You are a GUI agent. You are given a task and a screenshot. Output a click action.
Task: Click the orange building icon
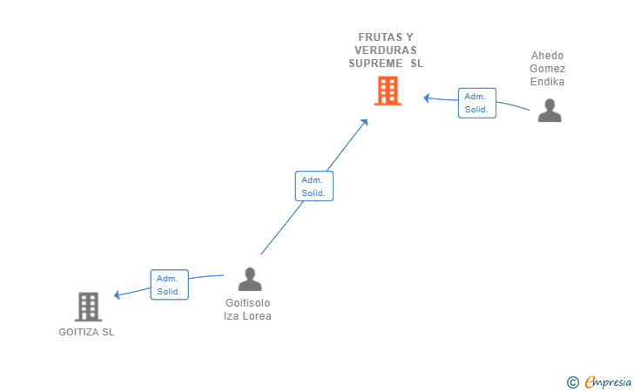388,91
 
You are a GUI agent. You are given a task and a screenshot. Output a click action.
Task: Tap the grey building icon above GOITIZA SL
88,307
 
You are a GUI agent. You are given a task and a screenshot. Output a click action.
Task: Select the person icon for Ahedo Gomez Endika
550,110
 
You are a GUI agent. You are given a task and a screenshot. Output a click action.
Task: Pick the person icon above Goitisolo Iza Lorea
250,279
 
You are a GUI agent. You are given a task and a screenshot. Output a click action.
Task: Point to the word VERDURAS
386,51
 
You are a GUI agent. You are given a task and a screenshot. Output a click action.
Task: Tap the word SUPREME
375,64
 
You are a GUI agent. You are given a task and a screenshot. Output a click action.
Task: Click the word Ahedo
547,56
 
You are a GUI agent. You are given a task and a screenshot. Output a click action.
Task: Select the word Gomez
548,68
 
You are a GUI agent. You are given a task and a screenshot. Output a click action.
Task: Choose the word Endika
548,82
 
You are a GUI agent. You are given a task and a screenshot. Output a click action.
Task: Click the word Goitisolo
248,303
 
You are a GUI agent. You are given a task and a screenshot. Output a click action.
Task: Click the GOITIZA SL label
86,332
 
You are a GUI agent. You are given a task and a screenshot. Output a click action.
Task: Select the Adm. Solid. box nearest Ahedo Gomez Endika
477,103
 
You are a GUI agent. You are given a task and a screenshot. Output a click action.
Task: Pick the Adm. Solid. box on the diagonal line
314,186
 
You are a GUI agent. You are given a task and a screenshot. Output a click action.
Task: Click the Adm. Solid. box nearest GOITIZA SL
170,285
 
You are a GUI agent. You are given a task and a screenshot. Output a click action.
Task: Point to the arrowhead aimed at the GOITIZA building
118,294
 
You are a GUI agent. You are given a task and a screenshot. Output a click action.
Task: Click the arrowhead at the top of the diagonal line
364,122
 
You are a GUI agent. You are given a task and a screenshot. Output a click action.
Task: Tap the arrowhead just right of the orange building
427,98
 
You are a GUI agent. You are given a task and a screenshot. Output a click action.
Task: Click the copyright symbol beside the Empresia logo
572,382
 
